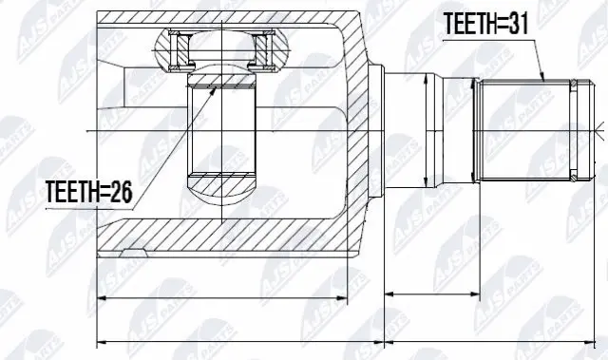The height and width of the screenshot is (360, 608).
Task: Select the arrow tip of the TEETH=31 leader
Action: pos(543,79)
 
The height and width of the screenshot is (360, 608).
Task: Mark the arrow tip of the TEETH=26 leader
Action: pos(216,86)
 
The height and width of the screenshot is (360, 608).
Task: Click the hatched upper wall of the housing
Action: pos(228,17)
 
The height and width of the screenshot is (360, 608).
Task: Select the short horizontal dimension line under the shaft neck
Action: pos(427,295)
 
